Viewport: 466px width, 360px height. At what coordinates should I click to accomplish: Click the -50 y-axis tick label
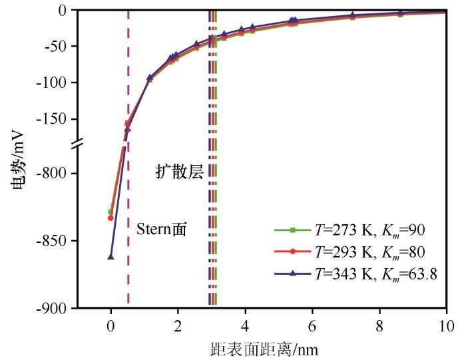coord(61,47)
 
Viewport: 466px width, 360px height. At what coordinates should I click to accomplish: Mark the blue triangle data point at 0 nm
coord(111,256)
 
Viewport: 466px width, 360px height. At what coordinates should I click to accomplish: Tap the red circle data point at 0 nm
coord(111,218)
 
